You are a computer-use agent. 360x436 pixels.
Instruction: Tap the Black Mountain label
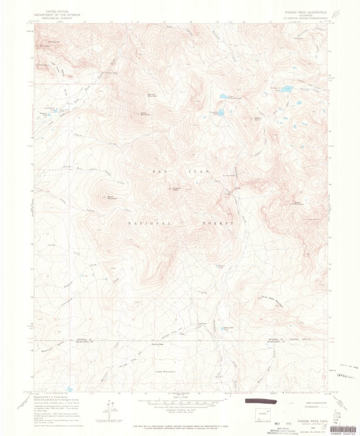[x=112, y=198]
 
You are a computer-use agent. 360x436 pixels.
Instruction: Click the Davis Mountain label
[x=145, y=114]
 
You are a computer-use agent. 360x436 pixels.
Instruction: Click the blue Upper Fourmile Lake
[x=224, y=97]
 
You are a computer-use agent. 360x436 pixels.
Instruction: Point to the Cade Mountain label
[x=165, y=371]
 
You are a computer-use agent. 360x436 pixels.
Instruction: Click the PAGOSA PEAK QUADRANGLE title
[x=302, y=12]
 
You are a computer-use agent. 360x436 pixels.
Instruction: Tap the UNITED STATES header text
[x=57, y=12]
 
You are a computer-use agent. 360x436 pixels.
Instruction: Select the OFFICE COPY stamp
[x=347, y=375]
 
